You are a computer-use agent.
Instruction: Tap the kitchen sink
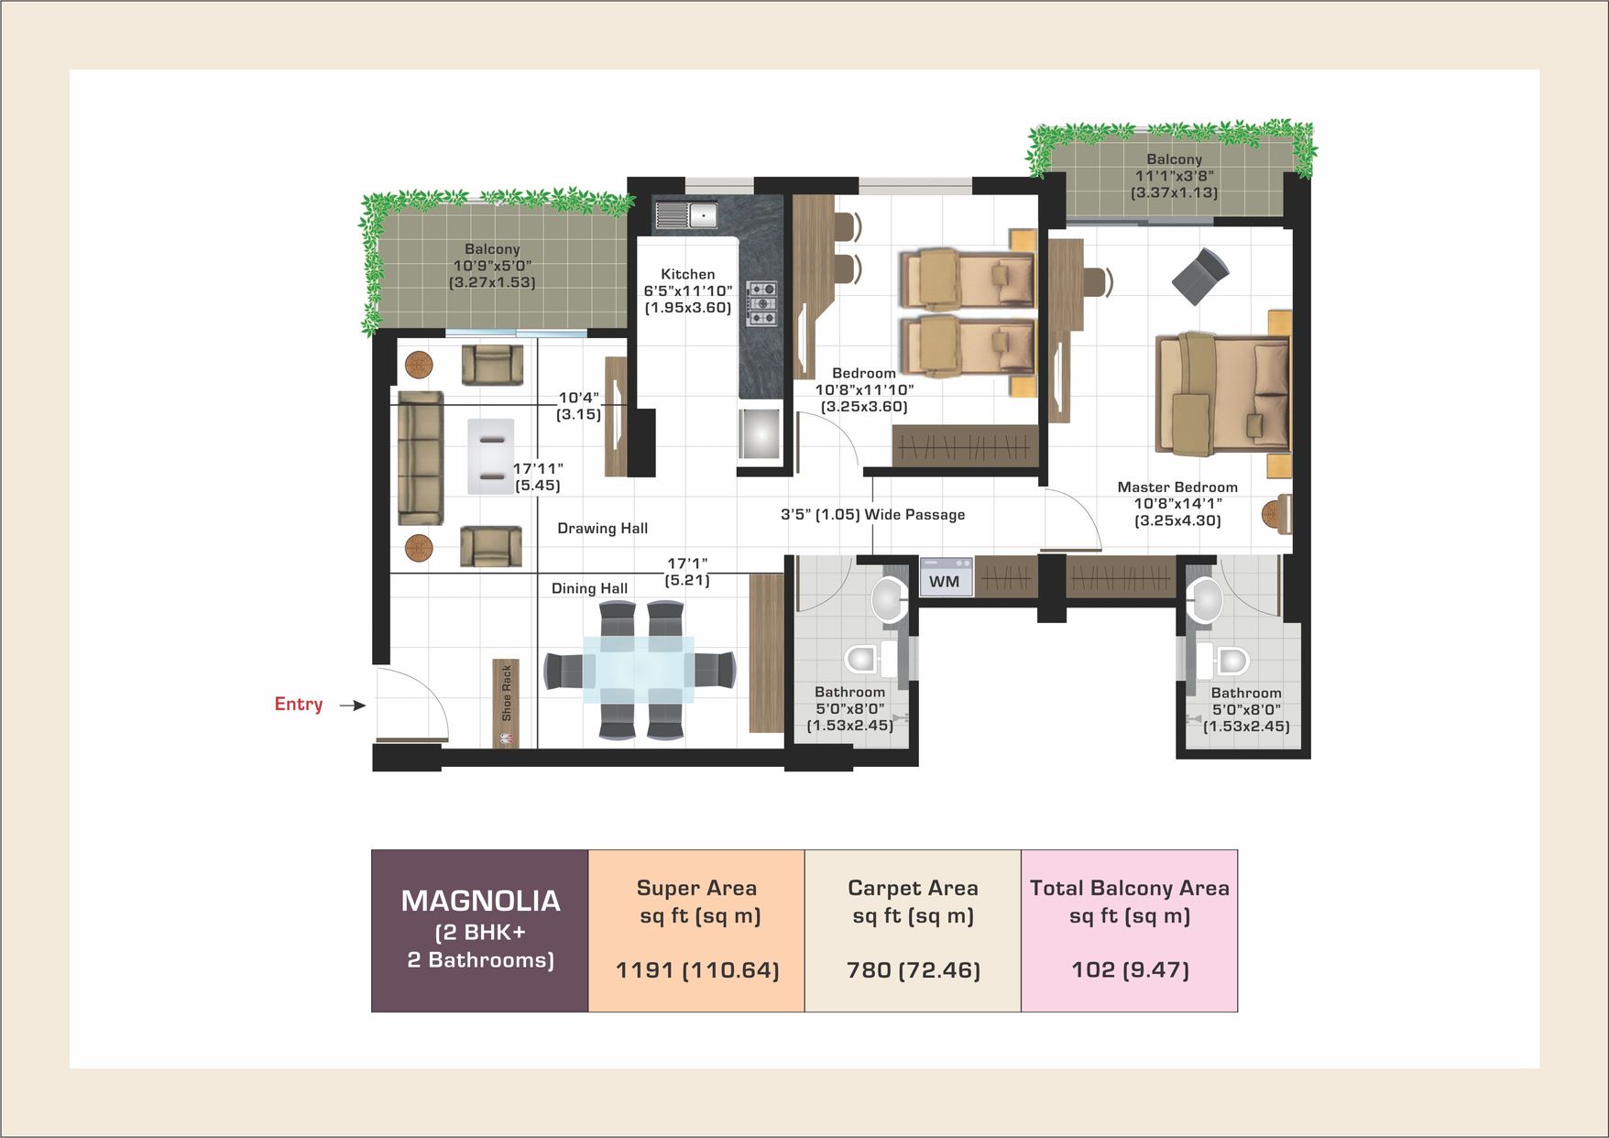point(685,216)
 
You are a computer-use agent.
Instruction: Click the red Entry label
point(299,704)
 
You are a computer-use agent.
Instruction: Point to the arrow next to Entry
point(353,705)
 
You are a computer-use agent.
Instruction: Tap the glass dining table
point(639,670)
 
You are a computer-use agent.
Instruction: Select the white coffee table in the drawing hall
point(491,456)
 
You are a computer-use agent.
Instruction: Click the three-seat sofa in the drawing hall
point(421,458)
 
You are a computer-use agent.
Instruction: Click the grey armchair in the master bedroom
point(1200,276)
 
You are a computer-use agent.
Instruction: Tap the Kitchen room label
point(688,274)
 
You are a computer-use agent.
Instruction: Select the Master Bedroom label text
point(1177,487)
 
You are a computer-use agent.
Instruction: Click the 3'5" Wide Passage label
point(872,514)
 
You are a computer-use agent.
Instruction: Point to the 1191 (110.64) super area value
point(697,969)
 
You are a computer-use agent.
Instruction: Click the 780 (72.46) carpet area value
point(914,969)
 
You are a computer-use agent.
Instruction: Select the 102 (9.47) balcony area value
point(1130,969)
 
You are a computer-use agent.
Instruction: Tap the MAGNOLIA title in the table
point(480,901)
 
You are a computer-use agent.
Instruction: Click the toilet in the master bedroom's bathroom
point(1223,660)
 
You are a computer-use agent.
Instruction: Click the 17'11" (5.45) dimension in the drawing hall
point(538,476)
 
